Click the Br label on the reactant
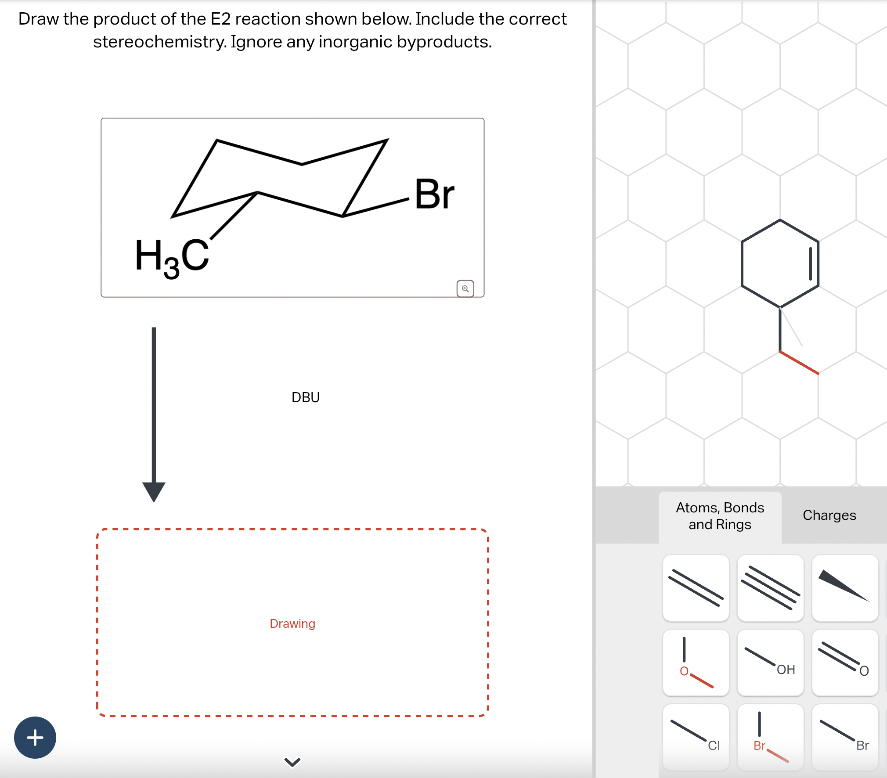(434, 194)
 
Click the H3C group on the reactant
(172, 257)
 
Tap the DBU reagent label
(305, 397)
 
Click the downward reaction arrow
(154, 413)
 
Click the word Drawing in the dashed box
(292, 624)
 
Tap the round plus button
(35, 738)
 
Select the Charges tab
(829, 515)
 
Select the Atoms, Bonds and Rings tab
(720, 516)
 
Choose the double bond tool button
(696, 588)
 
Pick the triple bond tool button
(770, 588)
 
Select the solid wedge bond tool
(845, 588)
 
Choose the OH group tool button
(770, 663)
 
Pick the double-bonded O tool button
(845, 663)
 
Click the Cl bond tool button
(696, 737)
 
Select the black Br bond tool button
(845, 737)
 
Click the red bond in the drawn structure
(799, 363)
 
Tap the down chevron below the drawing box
(292, 762)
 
